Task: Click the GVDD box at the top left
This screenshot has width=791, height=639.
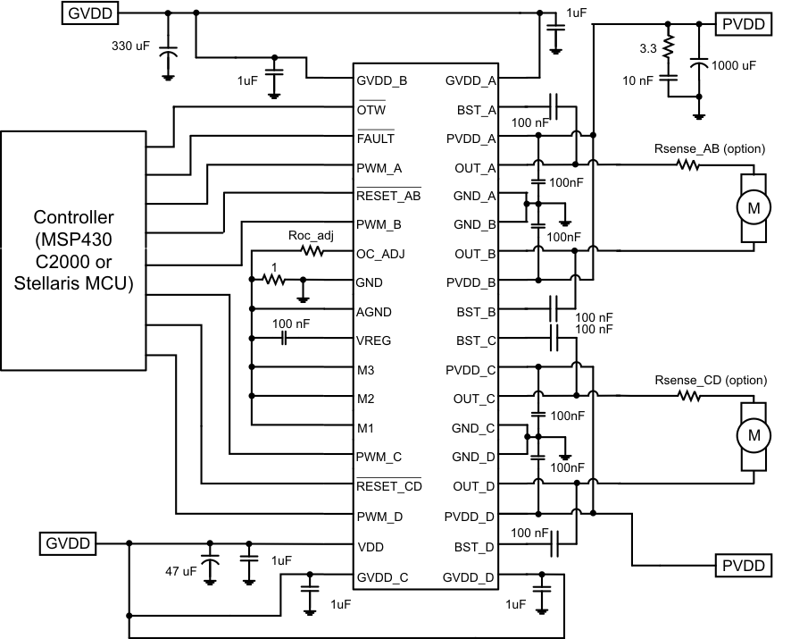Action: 90,13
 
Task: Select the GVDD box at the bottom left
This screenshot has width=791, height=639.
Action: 66,542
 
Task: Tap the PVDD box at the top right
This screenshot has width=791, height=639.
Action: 744,24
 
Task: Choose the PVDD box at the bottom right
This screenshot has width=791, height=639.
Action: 744,566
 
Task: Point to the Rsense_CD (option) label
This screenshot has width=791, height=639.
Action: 711,380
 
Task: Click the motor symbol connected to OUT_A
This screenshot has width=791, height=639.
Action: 753,207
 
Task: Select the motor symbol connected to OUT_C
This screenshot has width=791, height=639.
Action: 753,435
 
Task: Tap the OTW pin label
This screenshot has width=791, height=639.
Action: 372,110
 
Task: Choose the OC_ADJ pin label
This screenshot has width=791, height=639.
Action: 380,254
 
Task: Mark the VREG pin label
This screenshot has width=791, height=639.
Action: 374,341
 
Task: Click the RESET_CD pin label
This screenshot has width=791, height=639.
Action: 388,486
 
